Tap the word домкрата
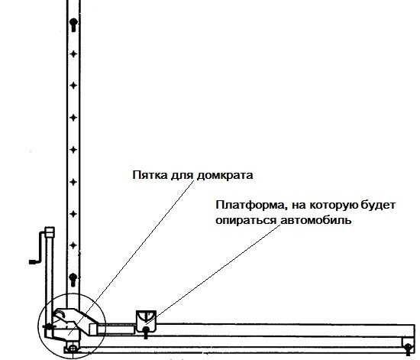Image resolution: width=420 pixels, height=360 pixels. point(225,176)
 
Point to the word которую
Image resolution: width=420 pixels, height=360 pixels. point(334,206)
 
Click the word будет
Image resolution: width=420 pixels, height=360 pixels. point(378,205)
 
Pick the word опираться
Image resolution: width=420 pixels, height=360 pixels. point(246,221)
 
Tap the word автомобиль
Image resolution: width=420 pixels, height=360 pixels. point(316,220)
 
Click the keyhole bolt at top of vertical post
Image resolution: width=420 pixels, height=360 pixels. point(73,24)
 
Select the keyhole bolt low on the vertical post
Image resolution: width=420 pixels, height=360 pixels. point(73,280)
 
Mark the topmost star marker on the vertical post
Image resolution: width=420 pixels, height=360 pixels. point(73,54)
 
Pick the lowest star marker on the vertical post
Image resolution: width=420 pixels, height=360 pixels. point(73,245)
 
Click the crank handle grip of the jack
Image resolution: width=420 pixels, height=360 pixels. point(34,262)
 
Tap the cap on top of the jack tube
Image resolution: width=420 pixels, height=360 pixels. point(50,232)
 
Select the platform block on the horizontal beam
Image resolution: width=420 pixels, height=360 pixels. point(146,321)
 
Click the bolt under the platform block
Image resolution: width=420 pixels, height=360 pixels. point(146,332)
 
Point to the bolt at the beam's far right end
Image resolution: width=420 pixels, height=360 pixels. point(409,349)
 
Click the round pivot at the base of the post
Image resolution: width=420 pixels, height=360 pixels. point(73,349)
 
